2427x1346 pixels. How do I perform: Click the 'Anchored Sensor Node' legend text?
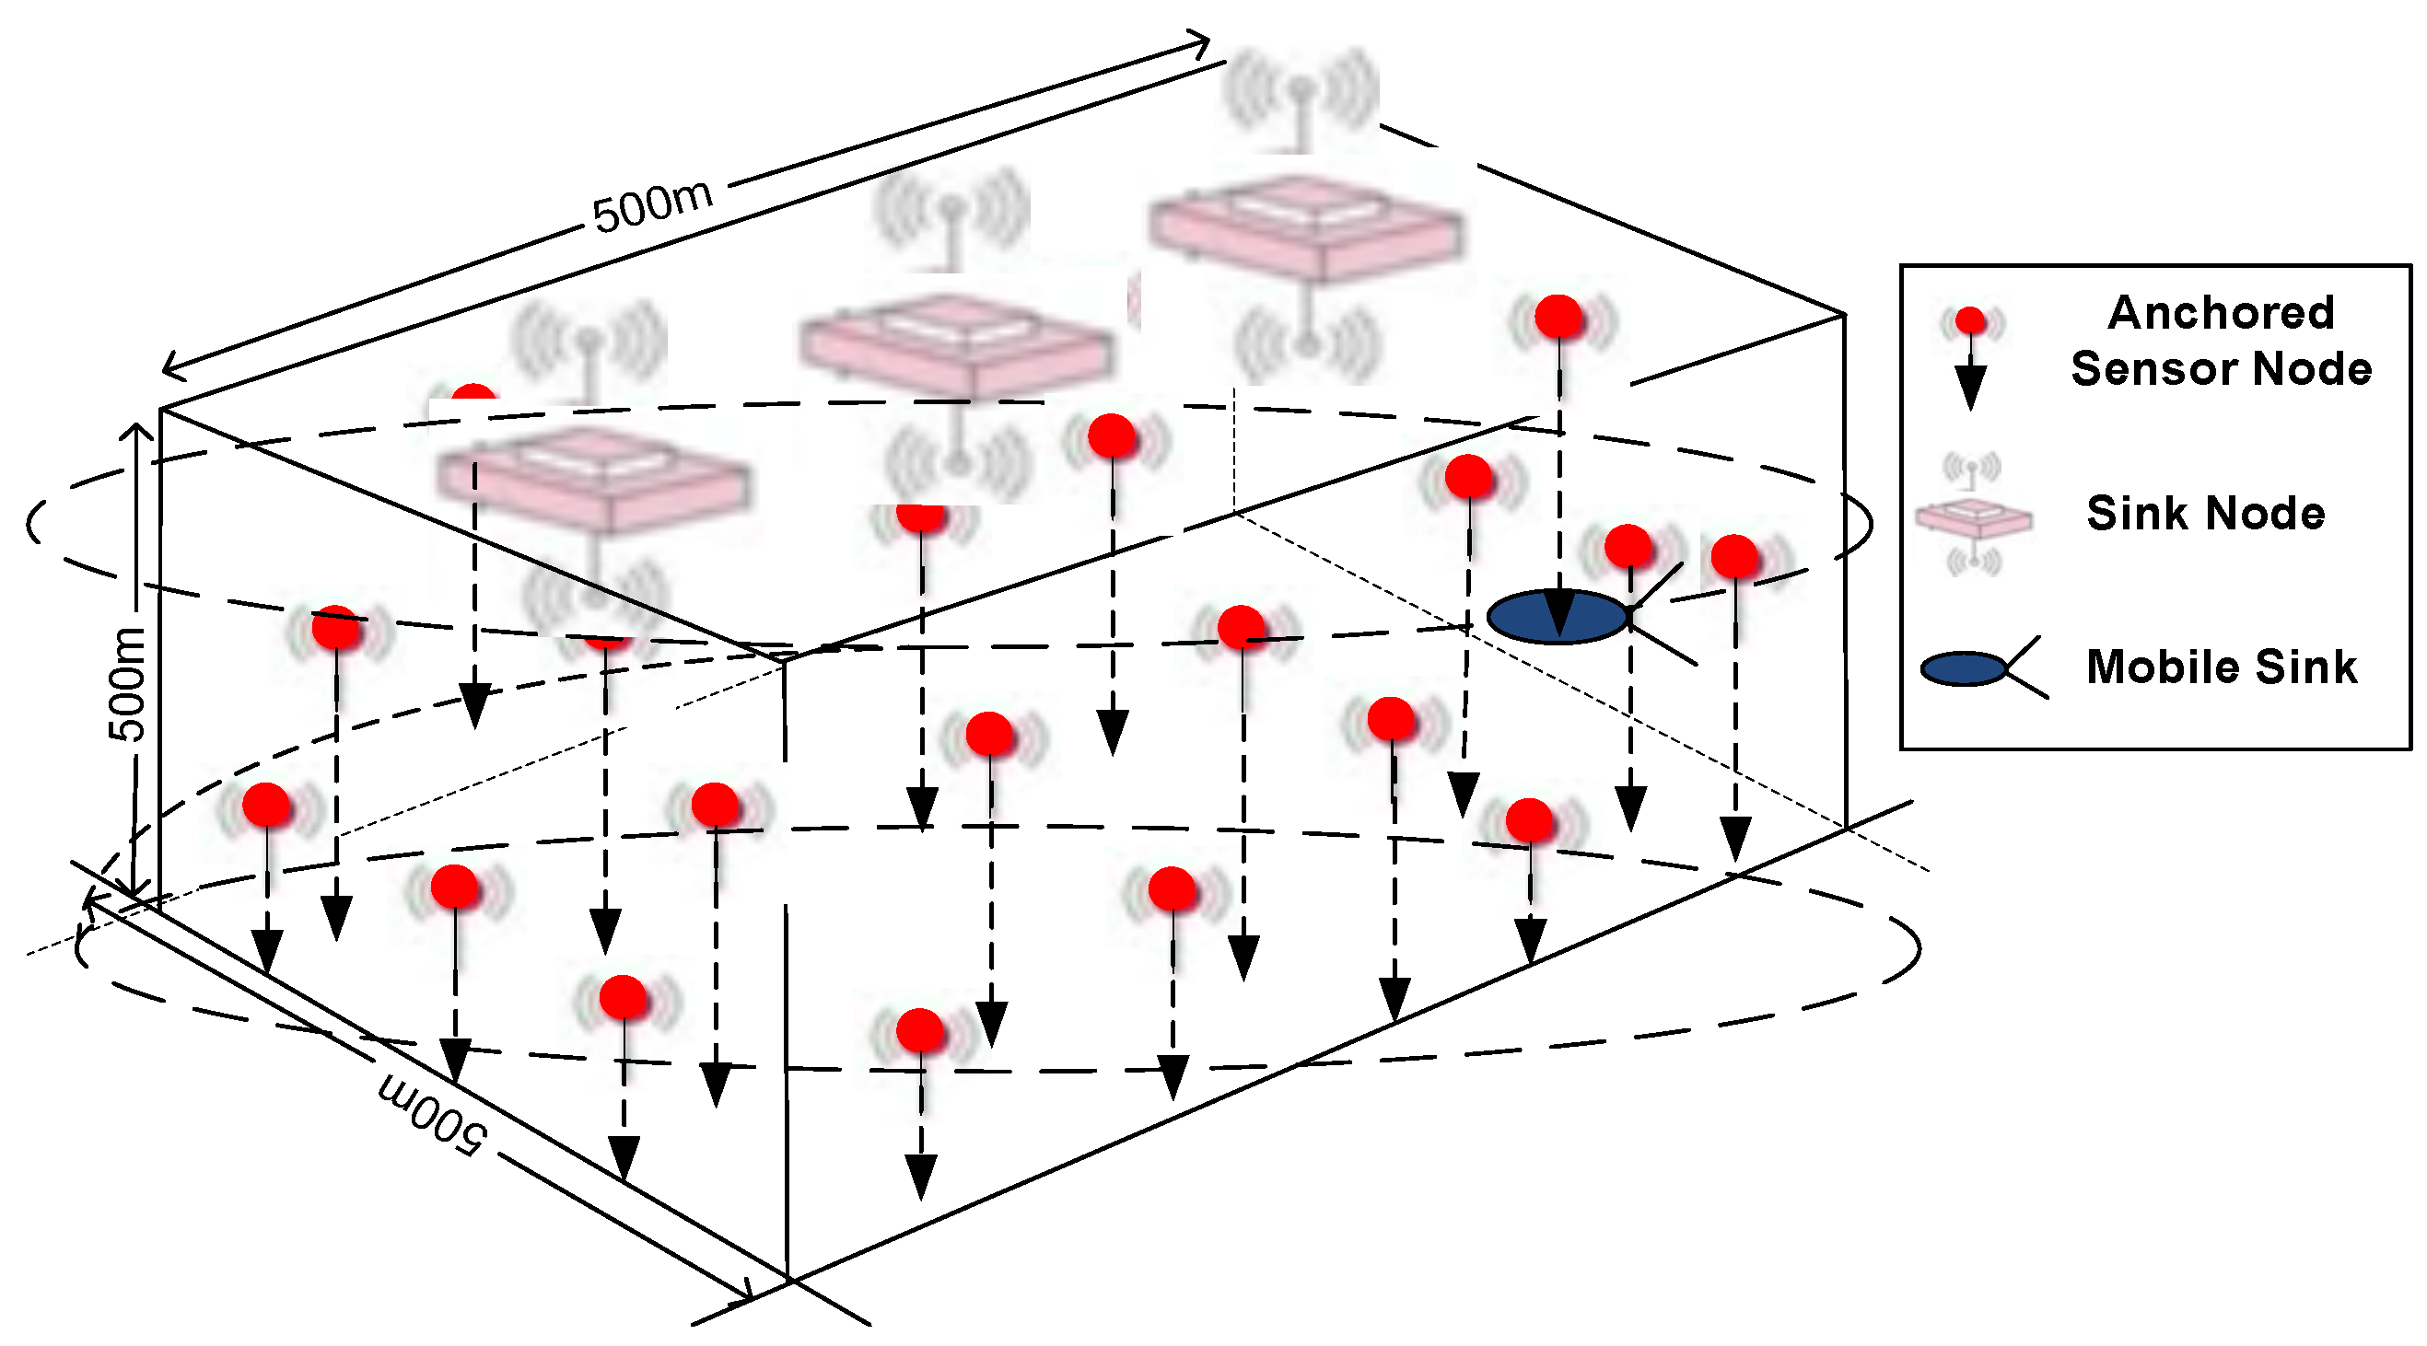coord(2220,340)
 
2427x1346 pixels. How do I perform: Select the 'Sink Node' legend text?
coord(2205,514)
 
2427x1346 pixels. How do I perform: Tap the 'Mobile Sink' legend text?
coord(2221,667)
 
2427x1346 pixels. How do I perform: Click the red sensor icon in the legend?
coord(1970,321)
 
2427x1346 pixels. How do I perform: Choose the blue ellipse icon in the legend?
coord(1963,668)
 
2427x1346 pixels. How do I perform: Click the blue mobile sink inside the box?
coord(1557,617)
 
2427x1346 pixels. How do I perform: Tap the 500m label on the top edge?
coord(652,205)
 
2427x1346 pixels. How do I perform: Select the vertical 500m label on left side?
coord(127,683)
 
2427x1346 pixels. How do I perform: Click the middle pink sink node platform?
coord(956,346)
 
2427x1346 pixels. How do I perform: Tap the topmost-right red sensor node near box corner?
coord(1558,317)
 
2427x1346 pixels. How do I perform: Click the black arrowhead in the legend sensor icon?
coord(1969,386)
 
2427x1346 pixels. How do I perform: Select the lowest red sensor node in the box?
coord(919,1029)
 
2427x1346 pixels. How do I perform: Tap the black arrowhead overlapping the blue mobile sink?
coord(1559,612)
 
